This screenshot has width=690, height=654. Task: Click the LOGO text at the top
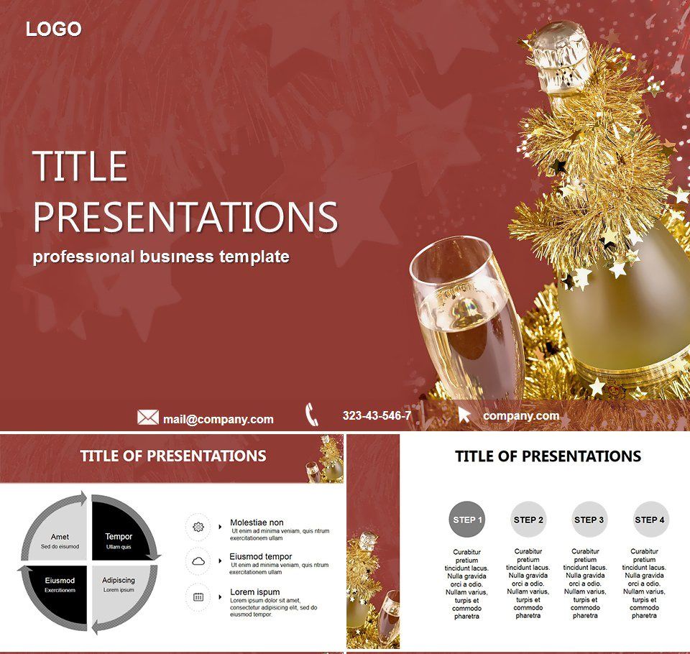[54, 29]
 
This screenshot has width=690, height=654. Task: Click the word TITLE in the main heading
[80, 167]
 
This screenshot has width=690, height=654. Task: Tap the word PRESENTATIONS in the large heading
[185, 216]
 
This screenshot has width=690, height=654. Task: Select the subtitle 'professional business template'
[161, 257]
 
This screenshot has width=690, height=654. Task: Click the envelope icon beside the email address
[148, 418]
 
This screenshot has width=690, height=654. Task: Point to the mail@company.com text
[218, 419]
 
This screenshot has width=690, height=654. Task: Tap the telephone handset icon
[311, 415]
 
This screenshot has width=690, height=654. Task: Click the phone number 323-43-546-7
[377, 415]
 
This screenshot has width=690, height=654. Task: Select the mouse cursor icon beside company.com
[464, 415]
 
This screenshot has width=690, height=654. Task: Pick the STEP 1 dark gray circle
[467, 520]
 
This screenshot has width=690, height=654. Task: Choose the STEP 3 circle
[589, 520]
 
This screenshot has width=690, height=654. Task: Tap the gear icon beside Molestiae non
[198, 527]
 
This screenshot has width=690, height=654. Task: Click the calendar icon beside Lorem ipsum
[198, 597]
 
